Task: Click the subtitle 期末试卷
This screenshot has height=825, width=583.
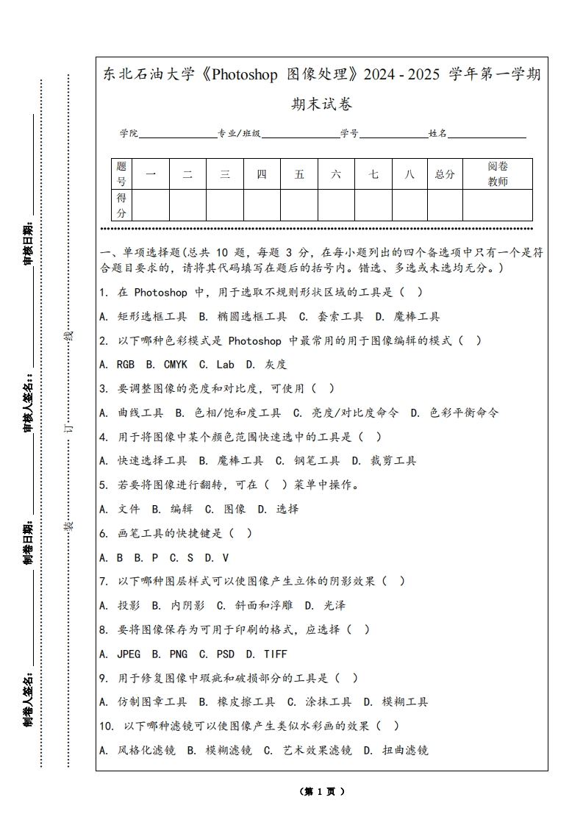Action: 321,104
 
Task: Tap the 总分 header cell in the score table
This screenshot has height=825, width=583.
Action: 445,174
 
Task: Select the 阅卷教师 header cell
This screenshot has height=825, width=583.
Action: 498,174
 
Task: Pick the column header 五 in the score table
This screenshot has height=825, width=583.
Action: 299,174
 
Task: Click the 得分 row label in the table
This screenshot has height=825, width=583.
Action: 121,205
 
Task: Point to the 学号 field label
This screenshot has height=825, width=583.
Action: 349,134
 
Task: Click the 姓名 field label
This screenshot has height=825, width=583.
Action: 437,134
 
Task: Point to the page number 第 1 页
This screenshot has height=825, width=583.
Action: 321,791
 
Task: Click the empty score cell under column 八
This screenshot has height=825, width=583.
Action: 409,205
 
